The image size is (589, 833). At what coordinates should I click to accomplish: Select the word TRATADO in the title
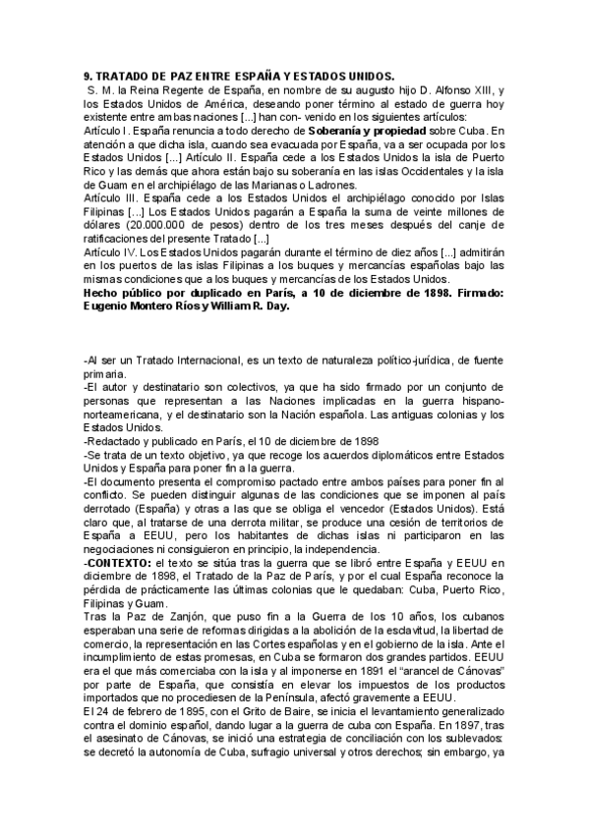121,77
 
